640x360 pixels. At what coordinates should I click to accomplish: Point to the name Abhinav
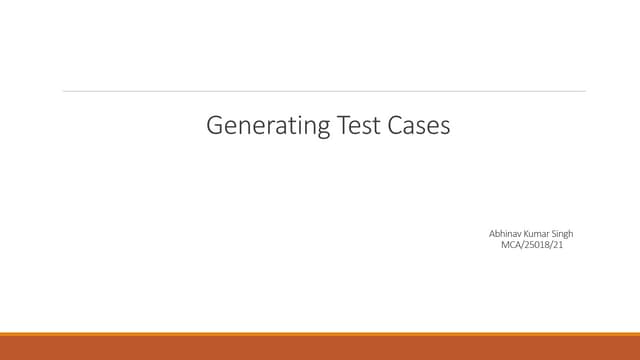coord(499,233)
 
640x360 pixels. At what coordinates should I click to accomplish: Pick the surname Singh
coord(563,233)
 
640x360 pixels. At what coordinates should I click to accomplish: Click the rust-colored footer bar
coord(320,348)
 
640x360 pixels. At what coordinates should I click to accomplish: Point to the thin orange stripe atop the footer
coord(320,334)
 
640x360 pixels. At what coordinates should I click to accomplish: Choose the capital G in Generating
coord(213,125)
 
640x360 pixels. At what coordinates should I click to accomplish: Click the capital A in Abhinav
coord(483,233)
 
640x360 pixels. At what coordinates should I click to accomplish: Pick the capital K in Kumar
coord(522,233)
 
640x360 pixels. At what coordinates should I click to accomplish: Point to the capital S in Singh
coord(553,233)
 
